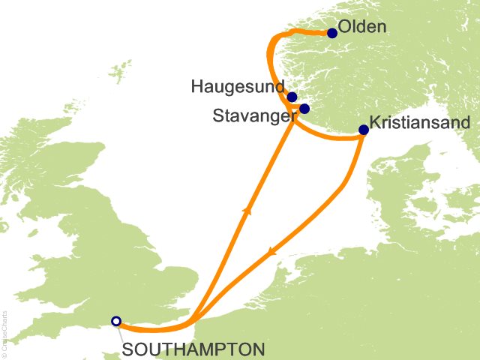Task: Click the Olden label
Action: coord(362,28)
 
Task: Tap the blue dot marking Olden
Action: coord(332,33)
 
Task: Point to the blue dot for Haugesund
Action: coord(292,97)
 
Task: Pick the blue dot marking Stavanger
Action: coord(304,109)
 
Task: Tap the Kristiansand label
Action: coord(421,123)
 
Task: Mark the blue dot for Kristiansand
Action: coord(364,130)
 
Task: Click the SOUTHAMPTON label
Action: coord(193,349)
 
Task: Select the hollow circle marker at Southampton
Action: coord(115,321)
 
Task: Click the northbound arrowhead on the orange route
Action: coord(245,212)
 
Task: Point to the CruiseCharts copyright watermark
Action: coord(4,331)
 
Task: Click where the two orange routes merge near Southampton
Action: coord(193,320)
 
